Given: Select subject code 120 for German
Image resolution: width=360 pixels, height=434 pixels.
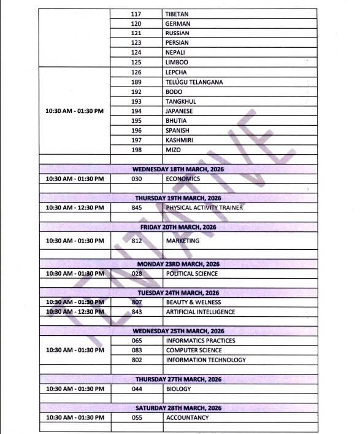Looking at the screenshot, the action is pyautogui.click(x=136, y=23).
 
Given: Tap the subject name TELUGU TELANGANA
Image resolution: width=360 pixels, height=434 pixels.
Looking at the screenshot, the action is pyautogui.click(x=194, y=82).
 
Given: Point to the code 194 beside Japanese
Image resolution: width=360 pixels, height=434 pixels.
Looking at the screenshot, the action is pyautogui.click(x=136, y=111).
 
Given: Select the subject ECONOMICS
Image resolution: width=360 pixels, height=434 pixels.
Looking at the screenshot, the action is pyautogui.click(x=183, y=179).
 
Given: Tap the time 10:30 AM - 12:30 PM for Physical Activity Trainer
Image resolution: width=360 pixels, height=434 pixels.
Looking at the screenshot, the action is pyautogui.click(x=75, y=207).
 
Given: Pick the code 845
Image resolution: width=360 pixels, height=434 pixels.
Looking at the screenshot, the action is pyautogui.click(x=136, y=207).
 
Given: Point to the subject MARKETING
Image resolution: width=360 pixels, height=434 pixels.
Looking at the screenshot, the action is pyautogui.click(x=182, y=241).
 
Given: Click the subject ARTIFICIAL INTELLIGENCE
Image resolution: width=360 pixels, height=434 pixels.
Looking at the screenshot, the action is pyautogui.click(x=200, y=312).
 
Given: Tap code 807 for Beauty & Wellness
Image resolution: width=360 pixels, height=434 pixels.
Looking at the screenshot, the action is pyautogui.click(x=136, y=302).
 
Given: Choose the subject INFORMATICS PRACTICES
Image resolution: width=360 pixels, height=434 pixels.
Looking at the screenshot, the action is pyautogui.click(x=200, y=341).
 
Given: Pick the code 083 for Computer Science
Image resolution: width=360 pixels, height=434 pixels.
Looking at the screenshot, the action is pyautogui.click(x=136, y=350).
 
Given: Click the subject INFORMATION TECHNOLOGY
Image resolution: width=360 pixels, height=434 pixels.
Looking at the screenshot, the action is pyautogui.click(x=205, y=360).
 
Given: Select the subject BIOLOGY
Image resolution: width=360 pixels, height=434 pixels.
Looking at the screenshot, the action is pyautogui.click(x=178, y=389).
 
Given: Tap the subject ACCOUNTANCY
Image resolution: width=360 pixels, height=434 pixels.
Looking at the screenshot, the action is pyautogui.click(x=187, y=417).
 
